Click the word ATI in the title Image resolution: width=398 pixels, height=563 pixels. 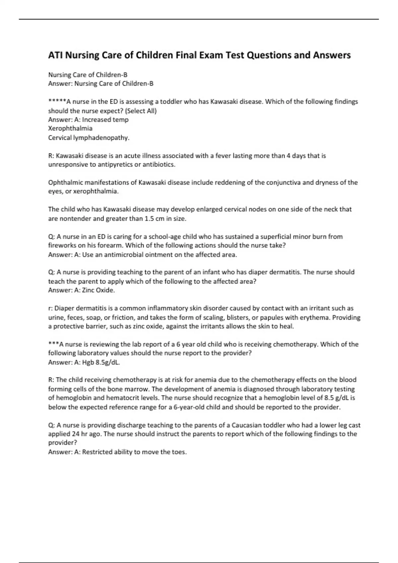tap(56, 55)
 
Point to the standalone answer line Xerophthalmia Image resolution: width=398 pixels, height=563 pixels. tap(70, 128)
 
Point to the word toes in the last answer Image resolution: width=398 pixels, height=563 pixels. tap(179, 452)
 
